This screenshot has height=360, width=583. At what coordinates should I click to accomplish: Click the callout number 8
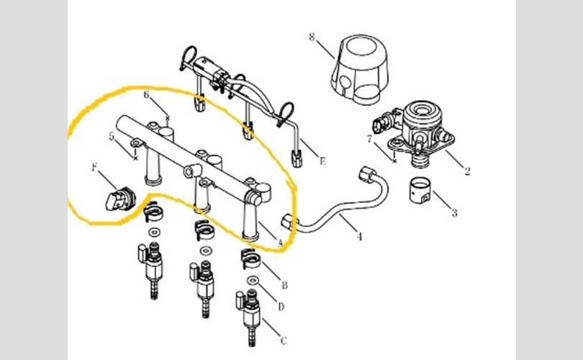312,37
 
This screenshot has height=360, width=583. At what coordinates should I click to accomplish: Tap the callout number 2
467,171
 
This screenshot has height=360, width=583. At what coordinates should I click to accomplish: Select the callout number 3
454,212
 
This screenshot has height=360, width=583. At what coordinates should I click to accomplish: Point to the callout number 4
359,236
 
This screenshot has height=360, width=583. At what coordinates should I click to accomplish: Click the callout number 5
112,137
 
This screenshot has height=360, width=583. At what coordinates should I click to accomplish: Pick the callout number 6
147,95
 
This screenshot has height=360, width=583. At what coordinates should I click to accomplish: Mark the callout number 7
369,139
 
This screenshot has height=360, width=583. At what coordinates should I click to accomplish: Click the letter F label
94,167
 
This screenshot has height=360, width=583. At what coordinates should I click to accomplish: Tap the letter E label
322,161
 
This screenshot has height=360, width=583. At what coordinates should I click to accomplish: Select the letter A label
281,243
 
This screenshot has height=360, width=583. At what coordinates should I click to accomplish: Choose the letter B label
284,285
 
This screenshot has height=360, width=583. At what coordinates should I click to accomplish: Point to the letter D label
281,307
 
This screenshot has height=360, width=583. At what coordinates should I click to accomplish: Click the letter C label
284,341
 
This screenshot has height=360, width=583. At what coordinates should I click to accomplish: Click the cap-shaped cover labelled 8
360,69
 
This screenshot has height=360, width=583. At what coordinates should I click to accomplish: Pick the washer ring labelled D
253,279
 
